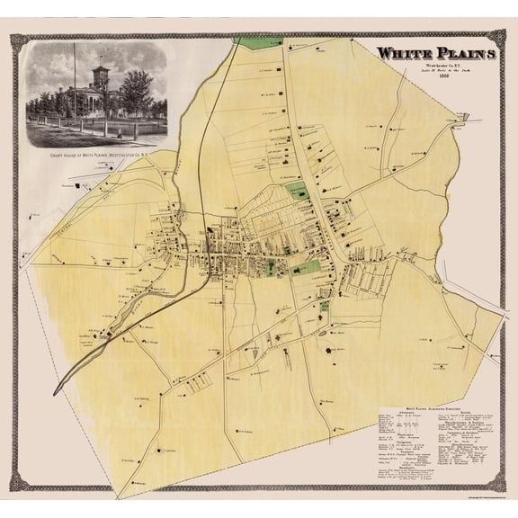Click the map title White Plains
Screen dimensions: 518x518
435,54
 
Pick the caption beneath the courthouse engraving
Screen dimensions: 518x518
96,156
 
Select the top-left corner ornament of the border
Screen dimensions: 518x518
16,38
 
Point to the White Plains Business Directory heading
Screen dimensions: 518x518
433,407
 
